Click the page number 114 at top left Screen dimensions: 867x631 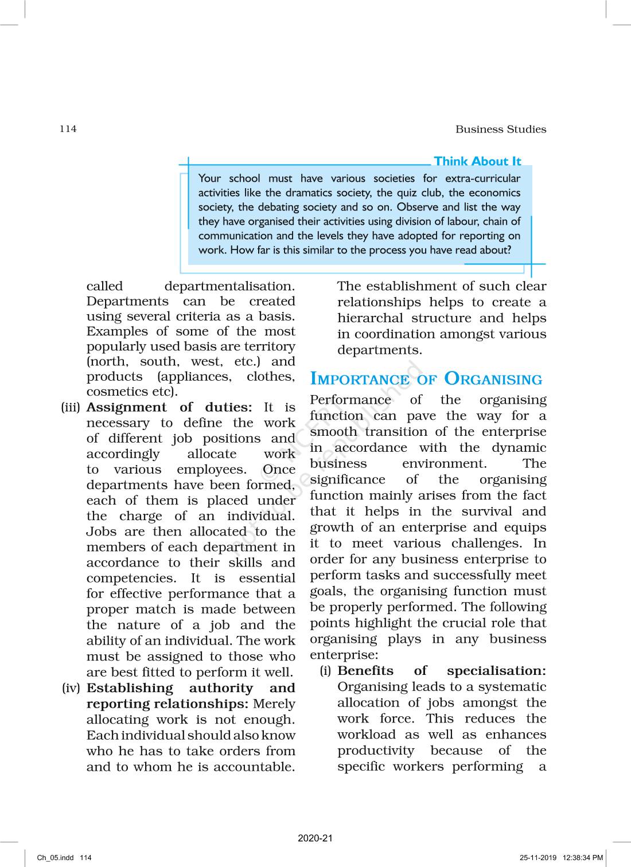pyautogui.click(x=68, y=128)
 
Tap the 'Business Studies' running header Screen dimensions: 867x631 pyautogui.click(x=500, y=129)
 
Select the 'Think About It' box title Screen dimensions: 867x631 pyautogui.click(x=477, y=161)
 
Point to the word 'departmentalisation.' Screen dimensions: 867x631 pyautogui.click(x=229, y=286)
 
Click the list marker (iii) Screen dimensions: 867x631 pyautogui.click(x=71, y=407)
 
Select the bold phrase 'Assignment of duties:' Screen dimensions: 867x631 pyautogui.click(x=169, y=407)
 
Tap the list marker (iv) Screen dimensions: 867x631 pyautogui.click(x=71, y=688)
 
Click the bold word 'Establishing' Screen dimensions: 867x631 pyautogui.click(x=129, y=688)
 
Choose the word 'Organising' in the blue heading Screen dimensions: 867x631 pyautogui.click(x=493, y=379)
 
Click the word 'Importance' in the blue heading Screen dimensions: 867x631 pyautogui.click(x=359, y=380)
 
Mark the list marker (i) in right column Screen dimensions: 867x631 pyautogui.click(x=325, y=671)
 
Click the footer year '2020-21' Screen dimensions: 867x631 pyautogui.click(x=315, y=838)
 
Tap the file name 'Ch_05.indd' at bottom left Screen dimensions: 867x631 pyautogui.click(x=55, y=858)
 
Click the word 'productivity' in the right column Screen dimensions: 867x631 pyautogui.click(x=375, y=751)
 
